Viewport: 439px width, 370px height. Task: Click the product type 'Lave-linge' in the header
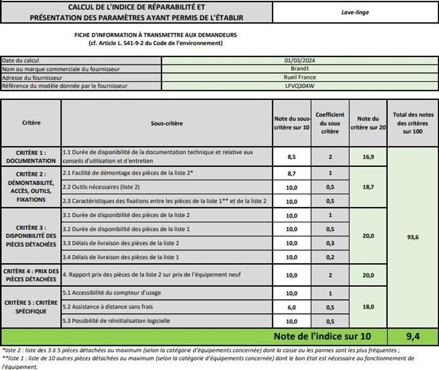click(355, 12)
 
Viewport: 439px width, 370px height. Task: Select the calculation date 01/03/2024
click(300, 60)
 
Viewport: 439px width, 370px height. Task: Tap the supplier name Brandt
click(300, 69)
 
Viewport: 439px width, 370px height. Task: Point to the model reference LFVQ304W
click(300, 86)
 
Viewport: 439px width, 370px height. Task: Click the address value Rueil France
click(300, 77)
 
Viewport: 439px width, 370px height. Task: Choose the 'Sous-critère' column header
click(167, 123)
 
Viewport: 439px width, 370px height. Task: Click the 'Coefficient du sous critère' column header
click(330, 123)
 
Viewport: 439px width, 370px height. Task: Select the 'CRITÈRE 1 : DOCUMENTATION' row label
click(31, 156)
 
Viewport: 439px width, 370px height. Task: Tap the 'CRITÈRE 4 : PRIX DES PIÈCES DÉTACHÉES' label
click(31, 275)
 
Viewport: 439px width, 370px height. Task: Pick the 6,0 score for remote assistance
click(292, 307)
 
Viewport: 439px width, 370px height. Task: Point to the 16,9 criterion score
click(368, 157)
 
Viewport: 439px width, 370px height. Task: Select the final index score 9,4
click(412, 337)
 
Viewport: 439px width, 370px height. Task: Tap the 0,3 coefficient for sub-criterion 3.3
click(330, 243)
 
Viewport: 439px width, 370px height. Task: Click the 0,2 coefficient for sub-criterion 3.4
click(330, 257)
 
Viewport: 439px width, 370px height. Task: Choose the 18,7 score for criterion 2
click(368, 187)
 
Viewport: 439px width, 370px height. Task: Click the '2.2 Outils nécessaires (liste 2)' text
click(101, 187)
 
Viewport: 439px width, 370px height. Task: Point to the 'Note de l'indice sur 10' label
click(322, 336)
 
